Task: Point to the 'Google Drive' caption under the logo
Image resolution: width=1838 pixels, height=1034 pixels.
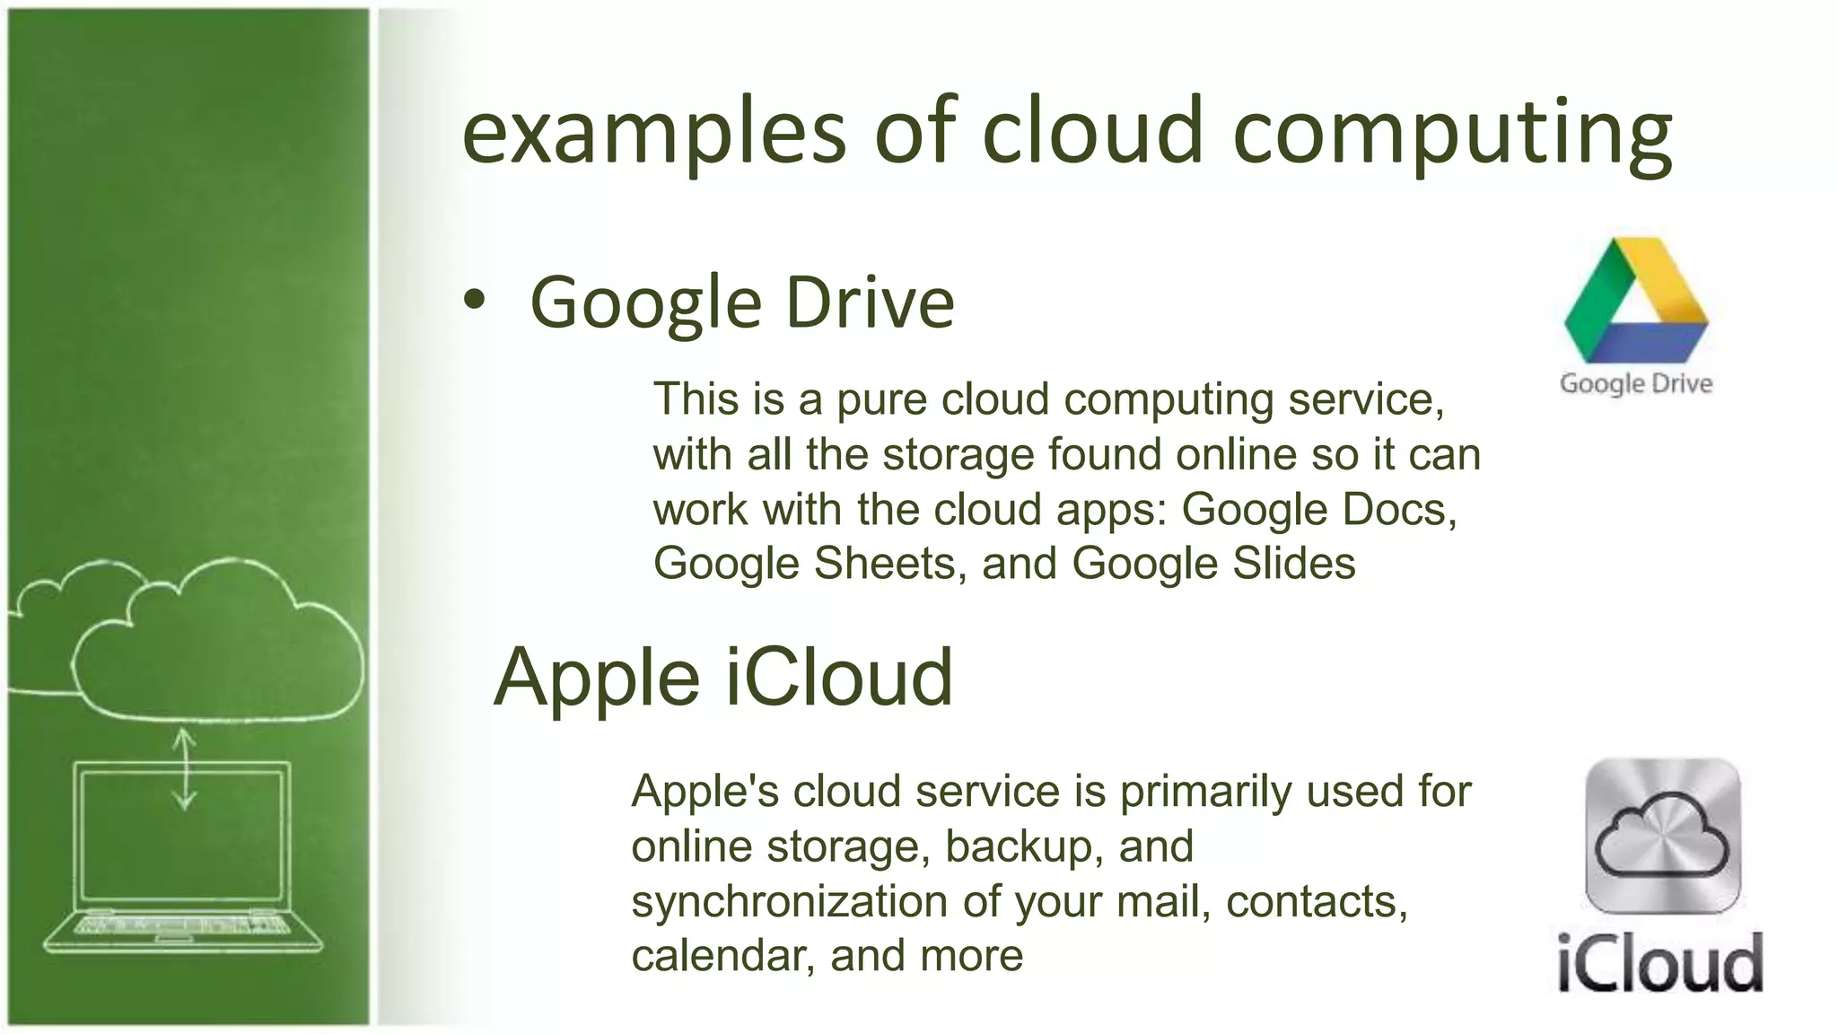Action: (1636, 383)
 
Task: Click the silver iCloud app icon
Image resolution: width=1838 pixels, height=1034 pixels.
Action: (1663, 836)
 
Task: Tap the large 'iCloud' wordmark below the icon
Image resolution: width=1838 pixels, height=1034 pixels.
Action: (1660, 962)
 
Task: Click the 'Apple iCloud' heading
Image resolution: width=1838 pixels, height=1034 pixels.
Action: (722, 677)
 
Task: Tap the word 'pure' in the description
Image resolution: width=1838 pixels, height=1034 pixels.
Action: (880, 399)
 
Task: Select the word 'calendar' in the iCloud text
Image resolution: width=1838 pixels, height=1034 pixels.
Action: (722, 956)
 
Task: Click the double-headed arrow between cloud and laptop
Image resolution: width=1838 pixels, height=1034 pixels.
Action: (185, 768)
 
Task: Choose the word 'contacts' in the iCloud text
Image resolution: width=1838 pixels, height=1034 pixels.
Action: (1317, 901)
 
